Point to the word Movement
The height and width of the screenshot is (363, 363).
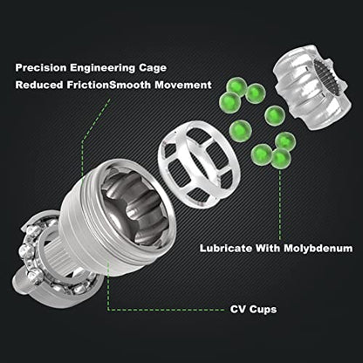pos(183,85)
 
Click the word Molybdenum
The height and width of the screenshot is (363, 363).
pos(318,249)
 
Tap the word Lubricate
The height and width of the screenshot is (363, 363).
pos(226,249)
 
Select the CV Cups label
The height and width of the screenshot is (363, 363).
pos(253,309)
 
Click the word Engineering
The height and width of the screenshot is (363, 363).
pos(103,69)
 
